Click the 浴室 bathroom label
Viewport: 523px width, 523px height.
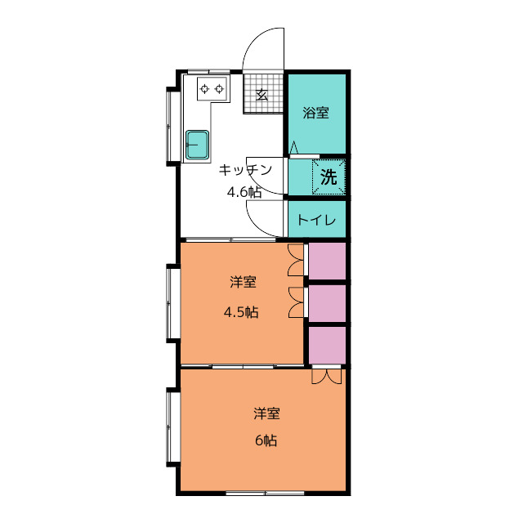pos(316,113)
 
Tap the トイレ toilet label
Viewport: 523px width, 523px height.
pos(316,220)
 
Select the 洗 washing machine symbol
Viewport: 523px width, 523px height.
pos(329,177)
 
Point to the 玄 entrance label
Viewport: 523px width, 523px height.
pos(262,95)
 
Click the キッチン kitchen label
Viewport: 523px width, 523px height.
pos(245,170)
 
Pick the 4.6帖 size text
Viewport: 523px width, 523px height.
pos(244,193)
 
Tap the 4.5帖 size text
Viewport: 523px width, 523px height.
pos(241,312)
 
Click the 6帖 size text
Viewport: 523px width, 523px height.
pos(266,441)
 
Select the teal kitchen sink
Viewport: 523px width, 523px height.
pos(198,145)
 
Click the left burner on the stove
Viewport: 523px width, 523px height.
pos(204,89)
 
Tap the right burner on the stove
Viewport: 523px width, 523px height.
pos(219,89)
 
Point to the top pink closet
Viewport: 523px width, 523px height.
pos(327,261)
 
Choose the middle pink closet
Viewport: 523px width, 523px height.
pos(327,303)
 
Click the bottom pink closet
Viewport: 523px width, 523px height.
pos(327,345)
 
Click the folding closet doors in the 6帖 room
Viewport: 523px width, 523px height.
pos(327,377)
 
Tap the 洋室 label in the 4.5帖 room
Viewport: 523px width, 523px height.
pos(244,282)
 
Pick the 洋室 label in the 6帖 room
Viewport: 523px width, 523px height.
pos(266,413)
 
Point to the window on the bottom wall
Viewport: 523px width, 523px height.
pos(265,493)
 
